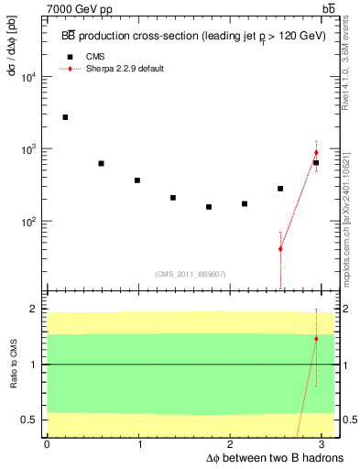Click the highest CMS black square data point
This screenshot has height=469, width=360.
(x=65, y=117)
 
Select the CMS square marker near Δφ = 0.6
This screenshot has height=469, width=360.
(x=101, y=163)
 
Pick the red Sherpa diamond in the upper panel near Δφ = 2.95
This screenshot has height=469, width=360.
(x=316, y=153)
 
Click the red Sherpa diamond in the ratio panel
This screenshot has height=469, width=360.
(x=316, y=339)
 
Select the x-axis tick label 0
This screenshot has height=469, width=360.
(x=47, y=444)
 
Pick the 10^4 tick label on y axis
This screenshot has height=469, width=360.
(x=29, y=77)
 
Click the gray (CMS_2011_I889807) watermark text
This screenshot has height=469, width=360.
(x=190, y=273)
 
